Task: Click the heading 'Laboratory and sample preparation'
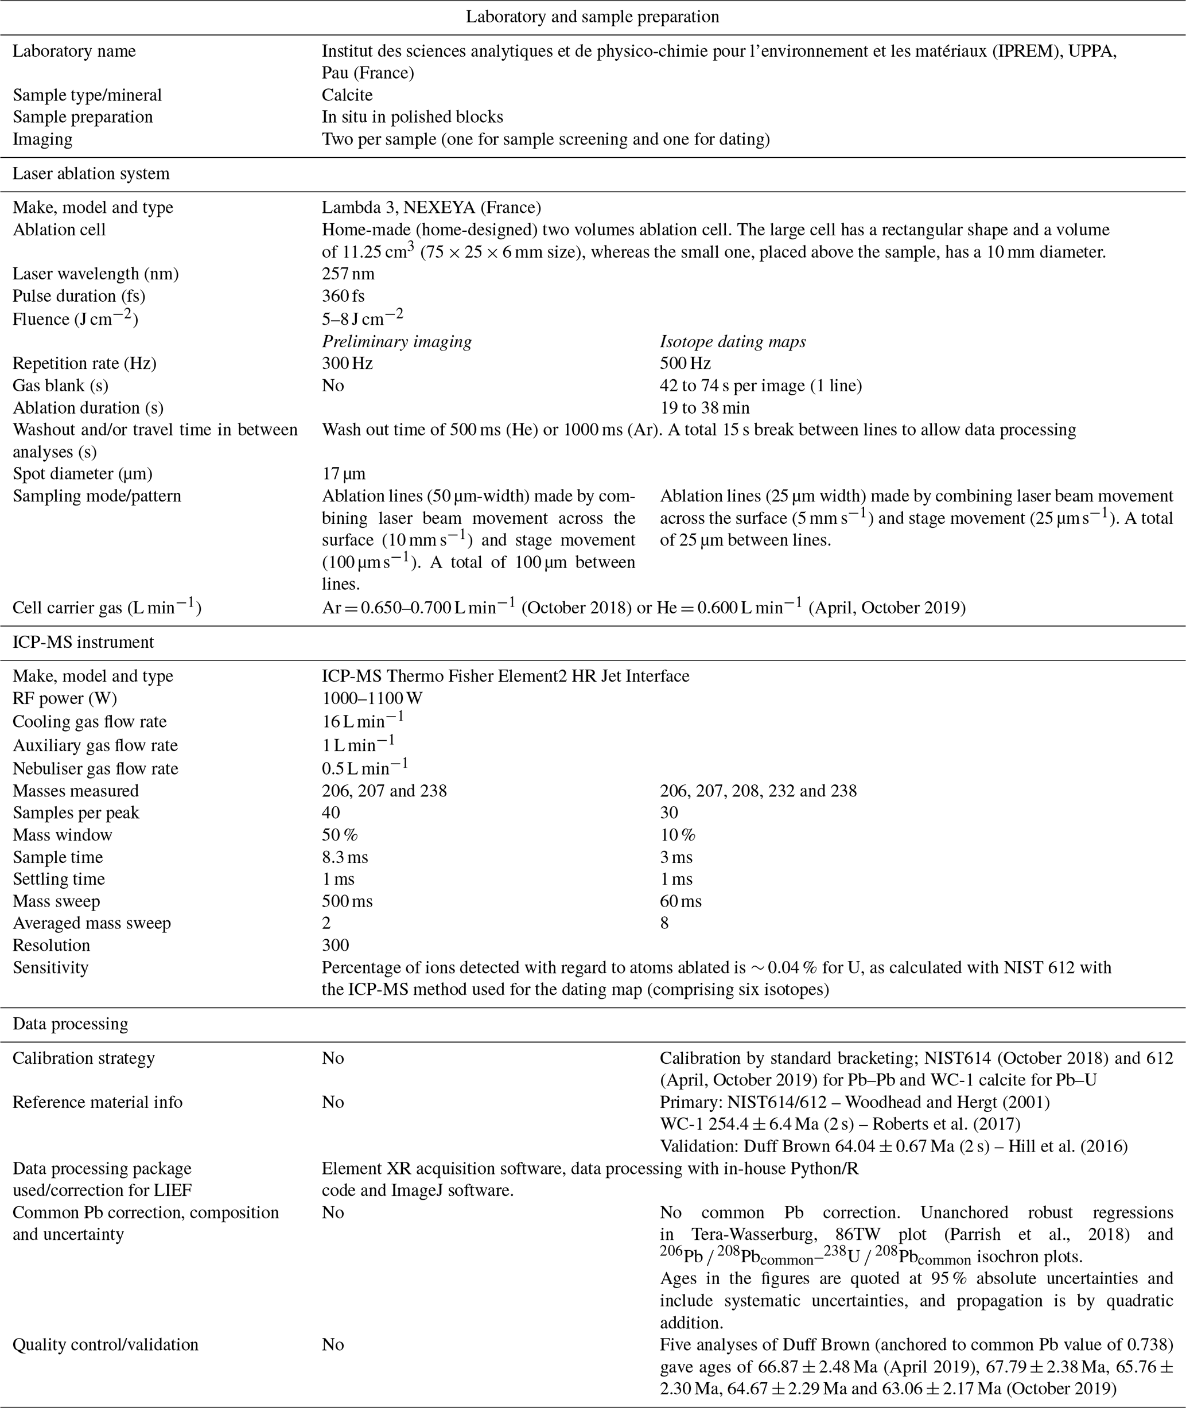pyautogui.click(x=592, y=17)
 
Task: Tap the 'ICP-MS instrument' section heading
pyautogui.click(x=83, y=642)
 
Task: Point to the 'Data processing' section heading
pyautogui.click(x=70, y=1024)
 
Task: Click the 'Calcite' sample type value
pyautogui.click(x=347, y=95)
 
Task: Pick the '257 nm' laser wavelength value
pyautogui.click(x=348, y=274)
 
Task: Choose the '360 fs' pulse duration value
pyautogui.click(x=344, y=296)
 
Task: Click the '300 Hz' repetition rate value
pyautogui.click(x=348, y=363)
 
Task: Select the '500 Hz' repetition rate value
pyautogui.click(x=685, y=363)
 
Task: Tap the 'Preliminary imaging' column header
pyautogui.click(x=396, y=341)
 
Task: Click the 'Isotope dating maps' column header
pyautogui.click(x=733, y=341)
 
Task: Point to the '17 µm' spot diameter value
pyautogui.click(x=344, y=473)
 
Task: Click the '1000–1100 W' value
pyautogui.click(x=372, y=698)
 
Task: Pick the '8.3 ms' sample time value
pyautogui.click(x=345, y=857)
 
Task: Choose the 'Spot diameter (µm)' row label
pyautogui.click(x=83, y=473)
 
